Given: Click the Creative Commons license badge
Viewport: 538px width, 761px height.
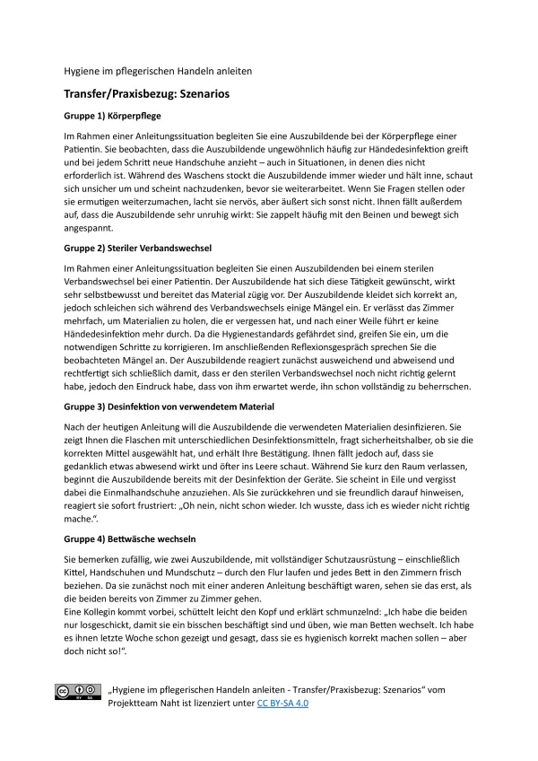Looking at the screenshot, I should coord(76,692).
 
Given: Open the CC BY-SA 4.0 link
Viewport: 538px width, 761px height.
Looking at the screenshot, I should coord(282,703).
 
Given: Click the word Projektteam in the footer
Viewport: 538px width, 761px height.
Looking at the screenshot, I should coord(135,703).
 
